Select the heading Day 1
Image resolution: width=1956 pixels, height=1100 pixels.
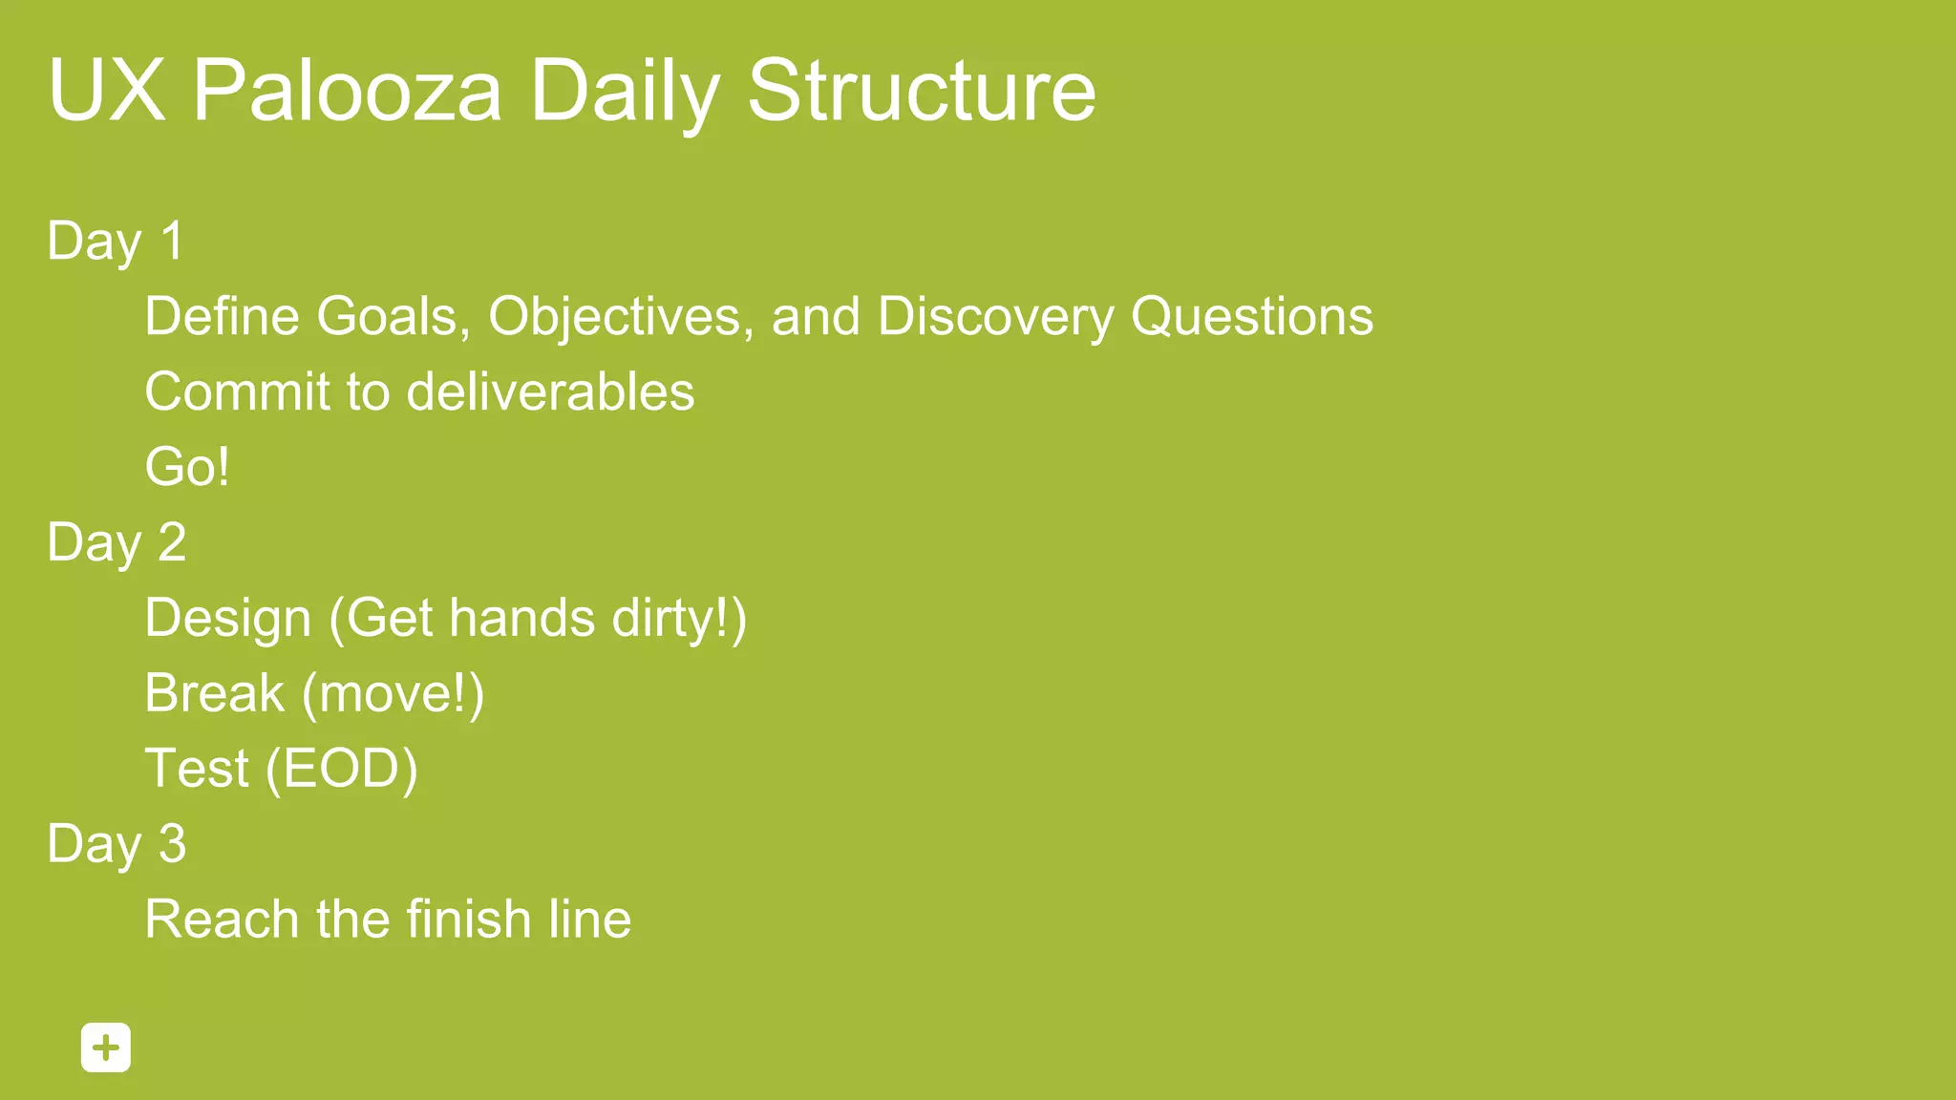(x=116, y=242)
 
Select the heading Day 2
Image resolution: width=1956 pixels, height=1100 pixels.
(x=117, y=543)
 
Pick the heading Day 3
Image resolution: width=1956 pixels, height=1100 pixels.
(x=117, y=844)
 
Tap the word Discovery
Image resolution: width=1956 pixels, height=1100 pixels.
(x=995, y=316)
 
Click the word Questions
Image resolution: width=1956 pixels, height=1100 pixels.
(x=1252, y=316)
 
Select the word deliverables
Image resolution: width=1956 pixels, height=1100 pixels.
(x=551, y=392)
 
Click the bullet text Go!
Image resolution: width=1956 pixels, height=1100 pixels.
(x=187, y=467)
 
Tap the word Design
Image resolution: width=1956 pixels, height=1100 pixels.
(x=228, y=619)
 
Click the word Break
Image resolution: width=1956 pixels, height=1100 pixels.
(x=215, y=693)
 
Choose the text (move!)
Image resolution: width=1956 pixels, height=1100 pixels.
(x=393, y=693)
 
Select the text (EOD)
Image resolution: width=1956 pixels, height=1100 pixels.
(x=342, y=769)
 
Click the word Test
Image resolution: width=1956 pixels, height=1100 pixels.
(x=197, y=769)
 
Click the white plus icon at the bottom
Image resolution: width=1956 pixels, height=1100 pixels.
(x=106, y=1047)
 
